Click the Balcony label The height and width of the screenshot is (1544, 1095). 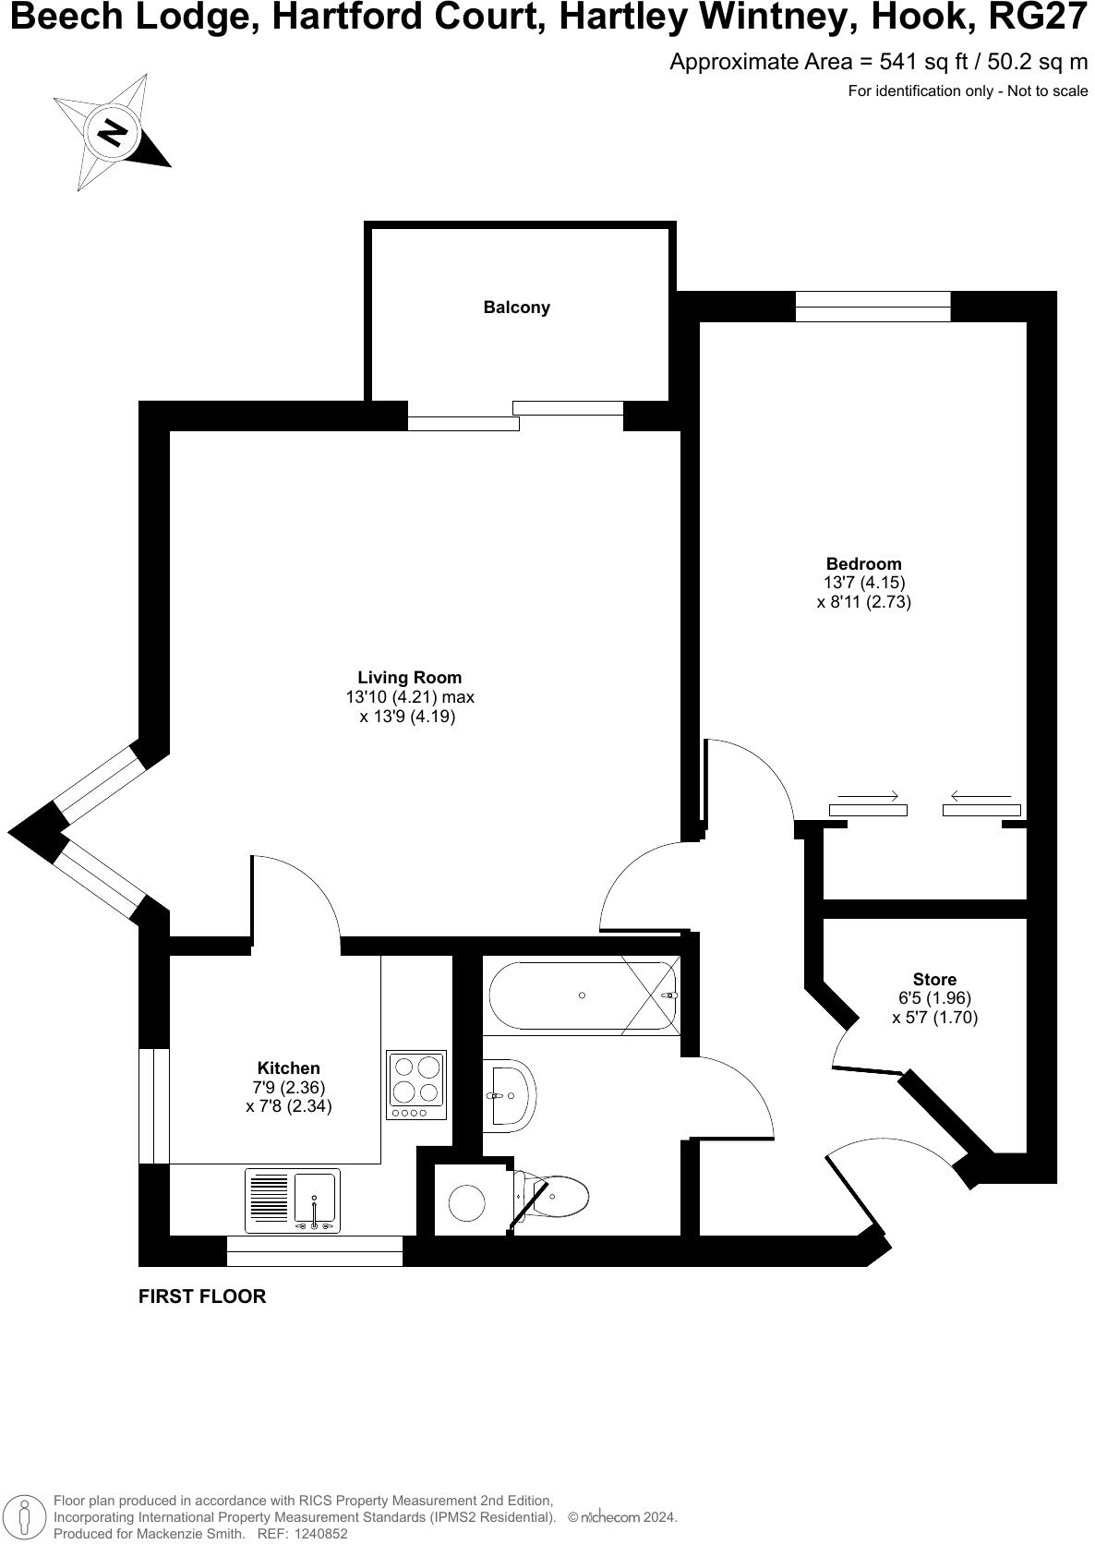coord(516,308)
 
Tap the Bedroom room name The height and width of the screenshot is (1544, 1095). coord(863,563)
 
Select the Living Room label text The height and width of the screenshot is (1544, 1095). coord(409,678)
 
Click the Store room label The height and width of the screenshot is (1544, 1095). coord(934,979)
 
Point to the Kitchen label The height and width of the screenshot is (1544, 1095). coord(288,1068)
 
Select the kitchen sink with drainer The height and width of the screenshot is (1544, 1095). coord(293,1200)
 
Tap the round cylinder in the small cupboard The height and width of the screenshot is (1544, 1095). coord(466,1202)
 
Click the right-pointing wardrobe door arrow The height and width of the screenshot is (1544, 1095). coord(867,796)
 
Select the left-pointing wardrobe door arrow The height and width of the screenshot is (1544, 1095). coord(981,796)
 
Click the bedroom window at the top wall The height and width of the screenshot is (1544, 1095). coord(872,306)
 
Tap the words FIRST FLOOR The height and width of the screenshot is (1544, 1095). coord(202,1296)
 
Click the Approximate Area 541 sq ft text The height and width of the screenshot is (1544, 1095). coord(878,63)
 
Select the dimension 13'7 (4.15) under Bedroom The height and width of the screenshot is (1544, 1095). coord(863,583)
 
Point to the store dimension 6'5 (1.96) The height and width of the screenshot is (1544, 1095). coord(934,998)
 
